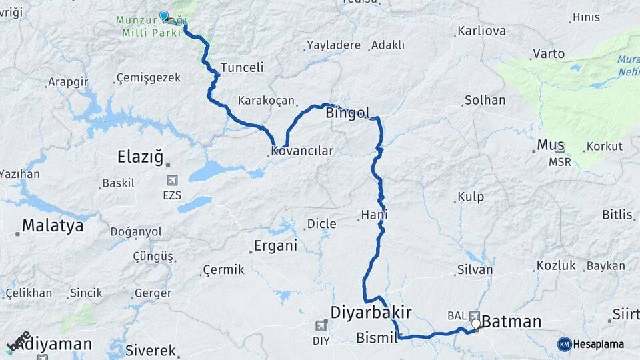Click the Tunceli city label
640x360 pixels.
tap(242, 67)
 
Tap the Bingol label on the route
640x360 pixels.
tap(347, 113)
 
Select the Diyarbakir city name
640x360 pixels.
tap(371, 312)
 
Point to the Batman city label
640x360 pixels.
tap(511, 322)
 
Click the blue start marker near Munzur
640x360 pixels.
tap(164, 16)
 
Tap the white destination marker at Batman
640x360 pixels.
tap(476, 325)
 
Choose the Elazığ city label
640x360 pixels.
tap(140, 157)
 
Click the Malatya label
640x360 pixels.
tap(52, 226)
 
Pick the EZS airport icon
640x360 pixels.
tap(172, 180)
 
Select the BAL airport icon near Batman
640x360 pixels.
tap(474, 315)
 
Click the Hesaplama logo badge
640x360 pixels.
tap(565, 344)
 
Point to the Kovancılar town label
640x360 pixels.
tap(303, 151)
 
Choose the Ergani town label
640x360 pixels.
tap(275, 246)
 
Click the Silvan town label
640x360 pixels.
tap(475, 270)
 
